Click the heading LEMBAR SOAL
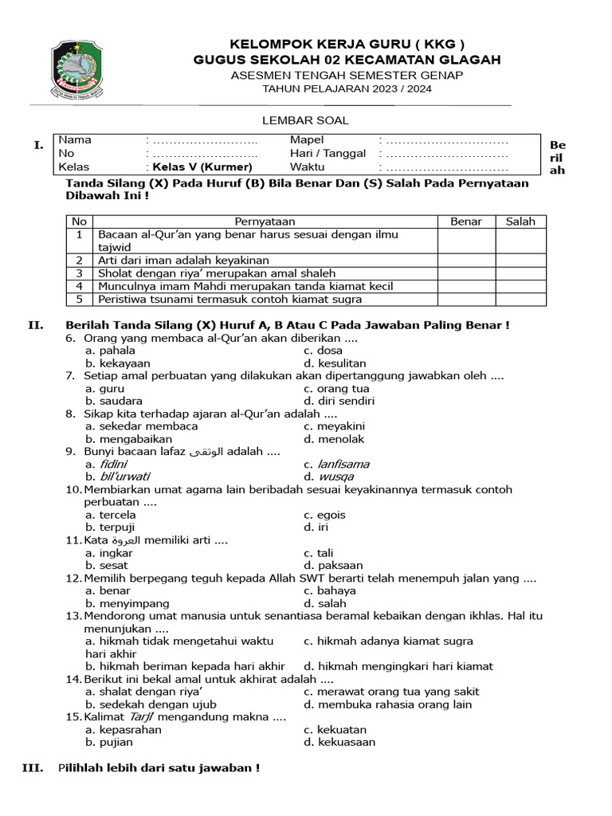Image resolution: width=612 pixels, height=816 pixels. pyautogui.click(x=306, y=120)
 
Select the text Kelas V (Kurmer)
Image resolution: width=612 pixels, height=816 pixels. pyautogui.click(x=200, y=167)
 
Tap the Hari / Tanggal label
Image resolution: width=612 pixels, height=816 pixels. pyautogui.click(x=328, y=154)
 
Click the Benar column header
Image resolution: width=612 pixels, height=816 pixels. pyautogui.click(x=466, y=222)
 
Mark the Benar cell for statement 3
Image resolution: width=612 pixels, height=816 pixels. pyautogui.click(x=466, y=273)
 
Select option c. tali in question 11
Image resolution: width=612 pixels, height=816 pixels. pyautogui.click(x=318, y=553)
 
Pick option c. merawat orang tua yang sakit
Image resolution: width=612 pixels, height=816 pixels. pyautogui.click(x=391, y=692)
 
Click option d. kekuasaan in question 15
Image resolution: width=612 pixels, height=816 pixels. pyautogui.click(x=339, y=742)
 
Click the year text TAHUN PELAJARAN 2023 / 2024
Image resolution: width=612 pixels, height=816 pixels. pyautogui.click(x=347, y=89)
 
